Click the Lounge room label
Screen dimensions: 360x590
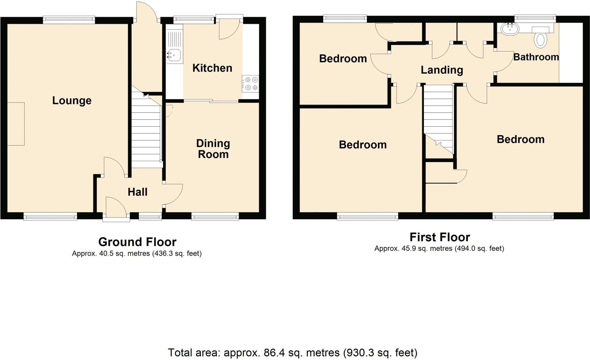click(72, 101)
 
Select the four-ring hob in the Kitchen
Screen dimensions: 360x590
click(250, 84)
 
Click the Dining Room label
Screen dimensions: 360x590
click(213, 149)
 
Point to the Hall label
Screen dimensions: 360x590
click(137, 192)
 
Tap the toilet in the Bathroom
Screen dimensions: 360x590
click(540, 40)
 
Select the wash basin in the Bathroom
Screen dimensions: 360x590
click(510, 29)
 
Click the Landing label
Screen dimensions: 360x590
click(442, 70)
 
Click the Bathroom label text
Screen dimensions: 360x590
click(536, 57)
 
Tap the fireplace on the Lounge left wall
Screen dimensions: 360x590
click(16, 124)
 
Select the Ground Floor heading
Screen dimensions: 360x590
click(137, 242)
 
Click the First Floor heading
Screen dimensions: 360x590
click(440, 237)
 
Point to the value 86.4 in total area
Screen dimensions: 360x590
click(273, 353)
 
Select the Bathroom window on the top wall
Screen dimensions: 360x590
click(535, 19)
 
